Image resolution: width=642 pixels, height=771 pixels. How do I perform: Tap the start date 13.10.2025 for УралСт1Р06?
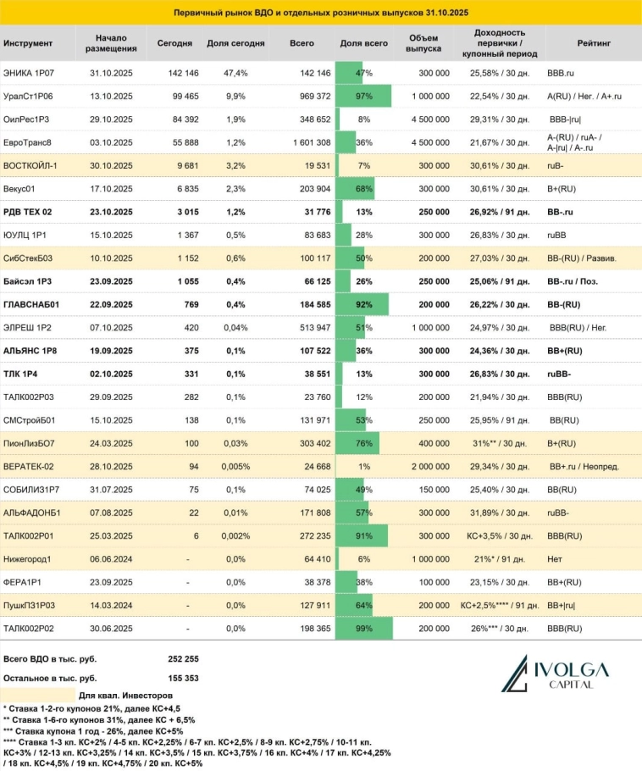point(111,96)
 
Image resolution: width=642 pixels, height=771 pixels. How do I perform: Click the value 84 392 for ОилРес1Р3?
point(174,119)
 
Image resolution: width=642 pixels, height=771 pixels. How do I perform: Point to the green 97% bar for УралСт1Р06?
point(363,96)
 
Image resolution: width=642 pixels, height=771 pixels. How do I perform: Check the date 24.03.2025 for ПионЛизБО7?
point(111,445)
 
